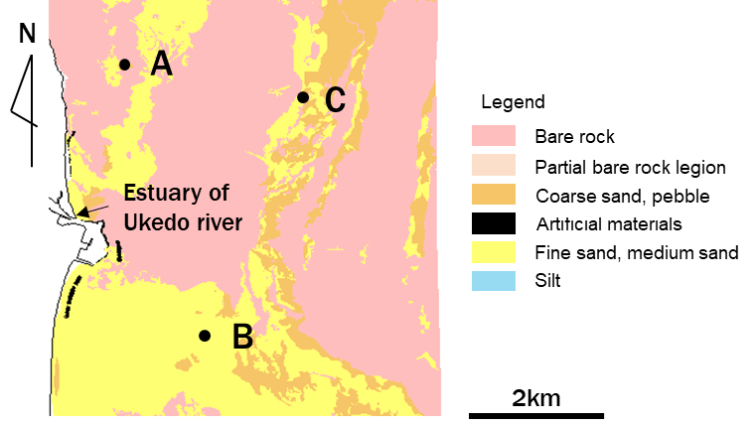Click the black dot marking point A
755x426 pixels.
click(x=125, y=65)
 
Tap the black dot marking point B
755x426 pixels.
click(x=205, y=336)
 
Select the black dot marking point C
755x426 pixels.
click(x=302, y=97)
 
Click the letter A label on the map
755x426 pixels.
click(x=162, y=65)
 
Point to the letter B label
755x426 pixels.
click(x=241, y=337)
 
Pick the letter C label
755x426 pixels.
click(x=335, y=99)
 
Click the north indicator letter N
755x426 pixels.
click(x=27, y=33)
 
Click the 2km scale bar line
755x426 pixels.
click(x=536, y=415)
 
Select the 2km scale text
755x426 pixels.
click(x=536, y=398)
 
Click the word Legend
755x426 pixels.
click(x=513, y=102)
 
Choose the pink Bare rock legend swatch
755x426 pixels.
click(x=494, y=136)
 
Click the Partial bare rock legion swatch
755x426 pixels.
click(x=494, y=166)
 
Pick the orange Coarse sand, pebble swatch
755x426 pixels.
click(x=494, y=195)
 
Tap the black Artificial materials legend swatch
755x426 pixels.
click(x=494, y=223)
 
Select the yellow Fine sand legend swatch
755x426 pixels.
click(x=494, y=252)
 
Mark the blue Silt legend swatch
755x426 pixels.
click(x=494, y=280)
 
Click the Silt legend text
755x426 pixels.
click(x=547, y=281)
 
